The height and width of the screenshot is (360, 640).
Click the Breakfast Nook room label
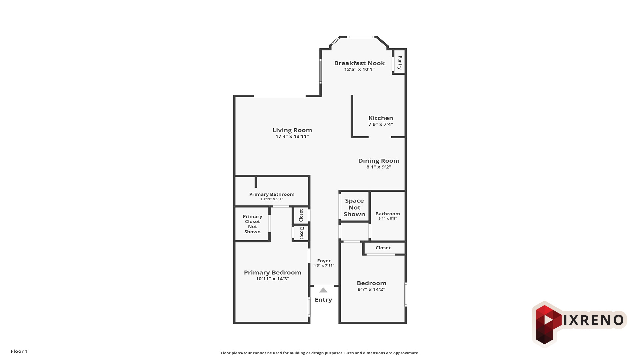coord(359,63)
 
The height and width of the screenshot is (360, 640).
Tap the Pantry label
coord(400,62)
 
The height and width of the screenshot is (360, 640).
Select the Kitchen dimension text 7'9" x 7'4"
coord(381,124)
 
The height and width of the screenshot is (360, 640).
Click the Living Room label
coord(292,130)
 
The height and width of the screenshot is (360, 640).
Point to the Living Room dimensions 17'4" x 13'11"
coord(292,136)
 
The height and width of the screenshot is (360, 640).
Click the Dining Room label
coord(379,161)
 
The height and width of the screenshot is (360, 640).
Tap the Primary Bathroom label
coord(272,194)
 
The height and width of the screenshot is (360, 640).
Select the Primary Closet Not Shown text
coord(252,224)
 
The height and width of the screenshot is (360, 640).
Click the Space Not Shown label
coord(354,207)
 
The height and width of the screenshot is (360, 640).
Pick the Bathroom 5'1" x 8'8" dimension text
coord(387,219)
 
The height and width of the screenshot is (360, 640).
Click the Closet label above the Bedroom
coord(383,248)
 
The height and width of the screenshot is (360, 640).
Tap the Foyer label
coord(324,261)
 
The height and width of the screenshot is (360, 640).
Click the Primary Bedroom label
coord(272,272)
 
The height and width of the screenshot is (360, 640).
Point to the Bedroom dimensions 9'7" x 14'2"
coord(371,289)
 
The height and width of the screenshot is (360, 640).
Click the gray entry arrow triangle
coord(323,290)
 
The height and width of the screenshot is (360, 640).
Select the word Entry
coord(323,300)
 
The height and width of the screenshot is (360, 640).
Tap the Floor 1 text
coord(19,351)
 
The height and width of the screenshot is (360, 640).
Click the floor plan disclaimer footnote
coord(320,353)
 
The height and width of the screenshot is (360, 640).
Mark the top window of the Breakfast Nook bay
coord(360,37)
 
